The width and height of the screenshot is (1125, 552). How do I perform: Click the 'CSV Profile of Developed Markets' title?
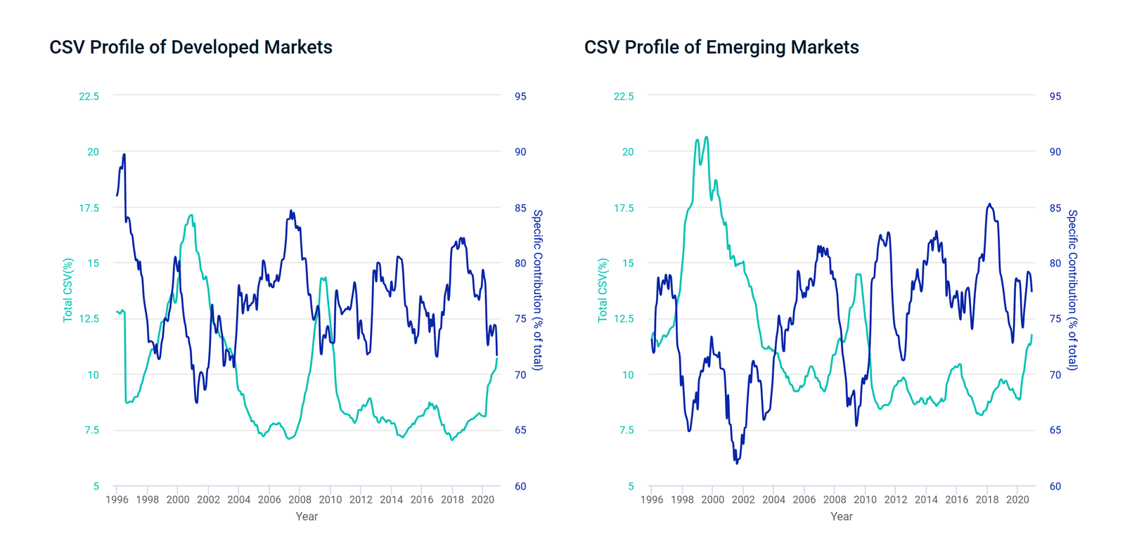coord(191,47)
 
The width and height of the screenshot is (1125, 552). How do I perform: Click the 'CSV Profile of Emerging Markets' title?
coord(721,47)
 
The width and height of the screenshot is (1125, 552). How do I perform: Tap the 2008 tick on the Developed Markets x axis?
coord(300,500)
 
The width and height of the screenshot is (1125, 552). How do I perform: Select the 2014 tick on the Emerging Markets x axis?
coord(926,500)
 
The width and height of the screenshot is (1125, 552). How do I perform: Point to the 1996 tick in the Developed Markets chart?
coord(117,500)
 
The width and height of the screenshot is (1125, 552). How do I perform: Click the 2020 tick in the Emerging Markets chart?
coord(1017,500)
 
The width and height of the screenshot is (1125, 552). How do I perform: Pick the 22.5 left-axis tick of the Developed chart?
coord(89,96)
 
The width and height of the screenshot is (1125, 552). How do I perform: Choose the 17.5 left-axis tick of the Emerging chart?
coord(624,208)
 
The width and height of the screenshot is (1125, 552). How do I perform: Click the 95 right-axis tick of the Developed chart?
coord(520,96)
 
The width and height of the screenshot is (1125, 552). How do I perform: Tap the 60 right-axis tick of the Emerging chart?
coord(1055,486)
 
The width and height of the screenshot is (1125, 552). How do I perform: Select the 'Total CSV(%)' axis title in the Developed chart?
coord(68,291)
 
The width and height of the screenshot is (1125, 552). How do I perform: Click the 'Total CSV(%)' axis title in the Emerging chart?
coord(603,291)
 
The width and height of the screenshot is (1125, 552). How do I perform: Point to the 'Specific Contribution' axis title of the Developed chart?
coord(538,290)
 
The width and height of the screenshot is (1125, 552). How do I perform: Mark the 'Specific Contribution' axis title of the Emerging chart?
coord(1073,290)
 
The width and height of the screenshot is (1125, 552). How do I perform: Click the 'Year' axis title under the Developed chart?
coord(307,516)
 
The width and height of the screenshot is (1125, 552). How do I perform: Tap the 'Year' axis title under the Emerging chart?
coord(842,516)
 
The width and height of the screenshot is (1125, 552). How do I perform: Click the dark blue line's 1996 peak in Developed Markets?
coord(124,155)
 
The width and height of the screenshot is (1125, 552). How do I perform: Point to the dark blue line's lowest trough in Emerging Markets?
coord(737,464)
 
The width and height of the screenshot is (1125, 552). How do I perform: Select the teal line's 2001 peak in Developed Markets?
coord(191,216)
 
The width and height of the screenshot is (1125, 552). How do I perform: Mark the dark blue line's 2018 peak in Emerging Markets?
coord(989,204)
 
